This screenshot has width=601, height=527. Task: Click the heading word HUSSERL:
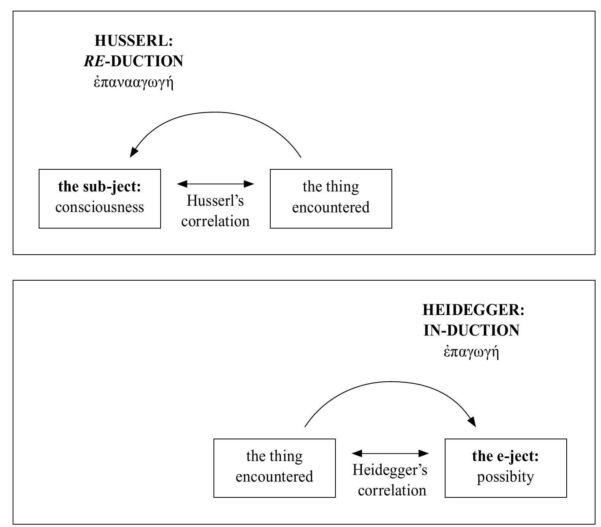click(134, 41)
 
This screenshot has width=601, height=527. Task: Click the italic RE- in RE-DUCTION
click(94, 61)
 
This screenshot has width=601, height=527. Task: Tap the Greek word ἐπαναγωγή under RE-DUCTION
click(134, 83)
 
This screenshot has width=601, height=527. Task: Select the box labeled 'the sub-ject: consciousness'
click(100, 199)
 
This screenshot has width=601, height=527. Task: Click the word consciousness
click(100, 207)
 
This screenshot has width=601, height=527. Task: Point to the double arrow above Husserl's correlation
click(215, 184)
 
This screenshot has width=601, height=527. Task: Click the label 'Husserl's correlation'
click(215, 211)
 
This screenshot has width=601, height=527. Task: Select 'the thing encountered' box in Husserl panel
click(331, 199)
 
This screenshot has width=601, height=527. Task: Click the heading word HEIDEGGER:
click(473, 310)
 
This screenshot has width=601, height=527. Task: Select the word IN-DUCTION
click(472, 330)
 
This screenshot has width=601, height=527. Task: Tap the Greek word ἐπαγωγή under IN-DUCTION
click(472, 351)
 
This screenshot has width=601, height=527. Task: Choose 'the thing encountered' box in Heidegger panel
click(274, 468)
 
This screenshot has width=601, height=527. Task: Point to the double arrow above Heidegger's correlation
click(390, 453)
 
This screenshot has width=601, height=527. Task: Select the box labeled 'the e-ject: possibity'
click(506, 468)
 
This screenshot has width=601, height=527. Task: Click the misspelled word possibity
click(506, 477)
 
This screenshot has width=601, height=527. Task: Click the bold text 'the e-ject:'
click(506, 456)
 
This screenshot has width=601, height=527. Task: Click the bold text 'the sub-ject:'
click(100, 187)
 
